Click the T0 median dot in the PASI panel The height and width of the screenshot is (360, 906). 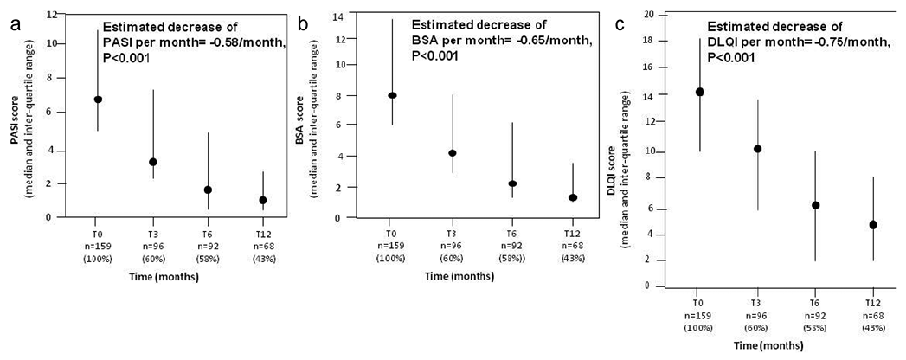pyautogui.click(x=98, y=100)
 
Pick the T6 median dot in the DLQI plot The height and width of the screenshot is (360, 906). pyautogui.click(x=815, y=205)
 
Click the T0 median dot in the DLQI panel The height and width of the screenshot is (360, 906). pyautogui.click(x=699, y=92)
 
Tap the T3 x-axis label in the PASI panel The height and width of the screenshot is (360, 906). pyautogui.click(x=152, y=232)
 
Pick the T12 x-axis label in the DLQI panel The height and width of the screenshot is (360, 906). pyautogui.click(x=872, y=304)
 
